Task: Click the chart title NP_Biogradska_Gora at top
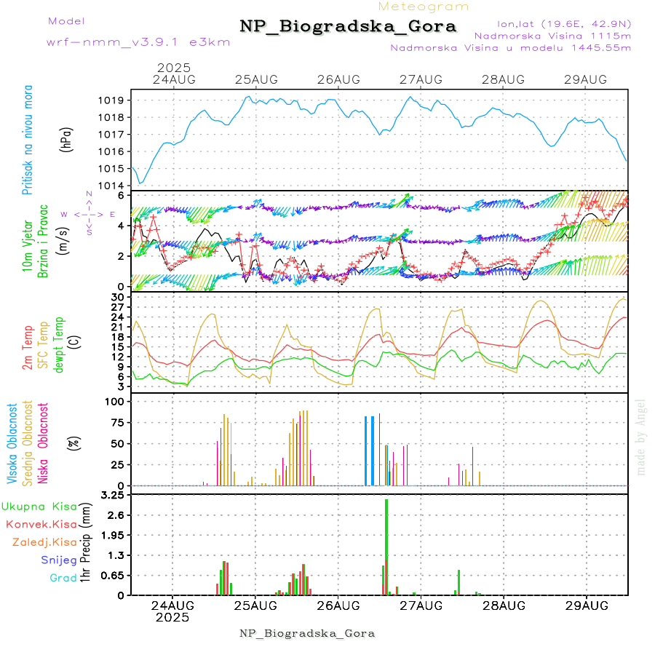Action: point(348,27)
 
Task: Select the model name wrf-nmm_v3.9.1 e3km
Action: point(138,42)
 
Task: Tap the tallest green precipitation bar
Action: point(386,546)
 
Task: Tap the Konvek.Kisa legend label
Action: point(41,524)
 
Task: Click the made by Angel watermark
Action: point(641,437)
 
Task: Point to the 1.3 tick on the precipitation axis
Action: point(117,555)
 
